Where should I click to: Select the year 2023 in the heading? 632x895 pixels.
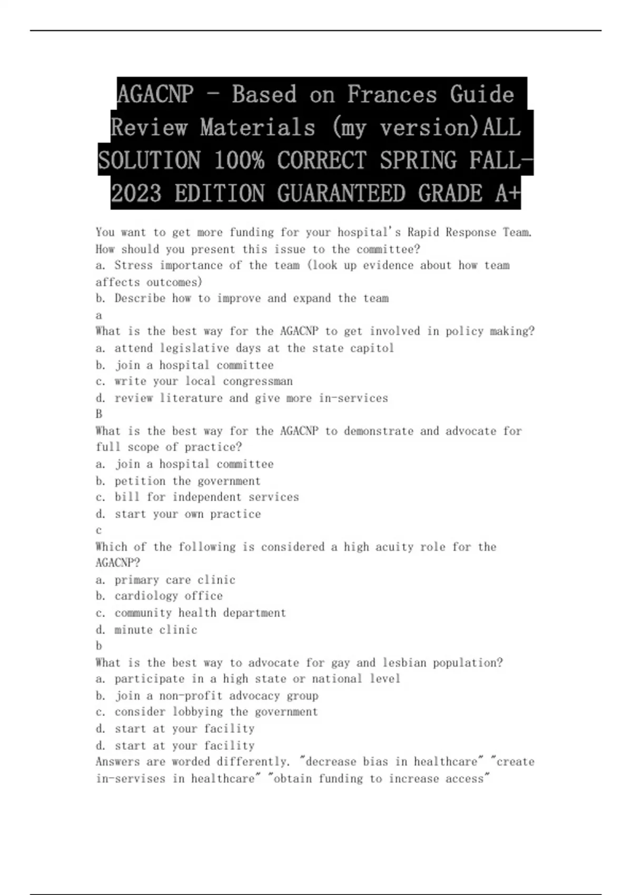(136, 194)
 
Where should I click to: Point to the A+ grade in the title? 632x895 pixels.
(508, 194)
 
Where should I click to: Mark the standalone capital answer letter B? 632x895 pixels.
(99, 414)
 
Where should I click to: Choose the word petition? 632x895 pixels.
(140, 481)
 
